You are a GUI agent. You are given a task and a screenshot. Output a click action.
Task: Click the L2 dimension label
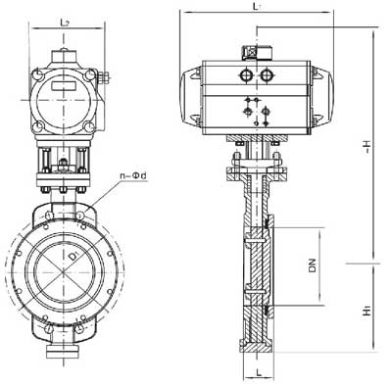coord(64,21)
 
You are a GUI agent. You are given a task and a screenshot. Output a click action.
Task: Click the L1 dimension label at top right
coord(256,8)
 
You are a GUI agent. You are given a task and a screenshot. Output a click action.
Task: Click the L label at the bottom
coord(258,372)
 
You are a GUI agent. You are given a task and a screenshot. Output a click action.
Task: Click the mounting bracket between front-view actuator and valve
coord(64,162)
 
